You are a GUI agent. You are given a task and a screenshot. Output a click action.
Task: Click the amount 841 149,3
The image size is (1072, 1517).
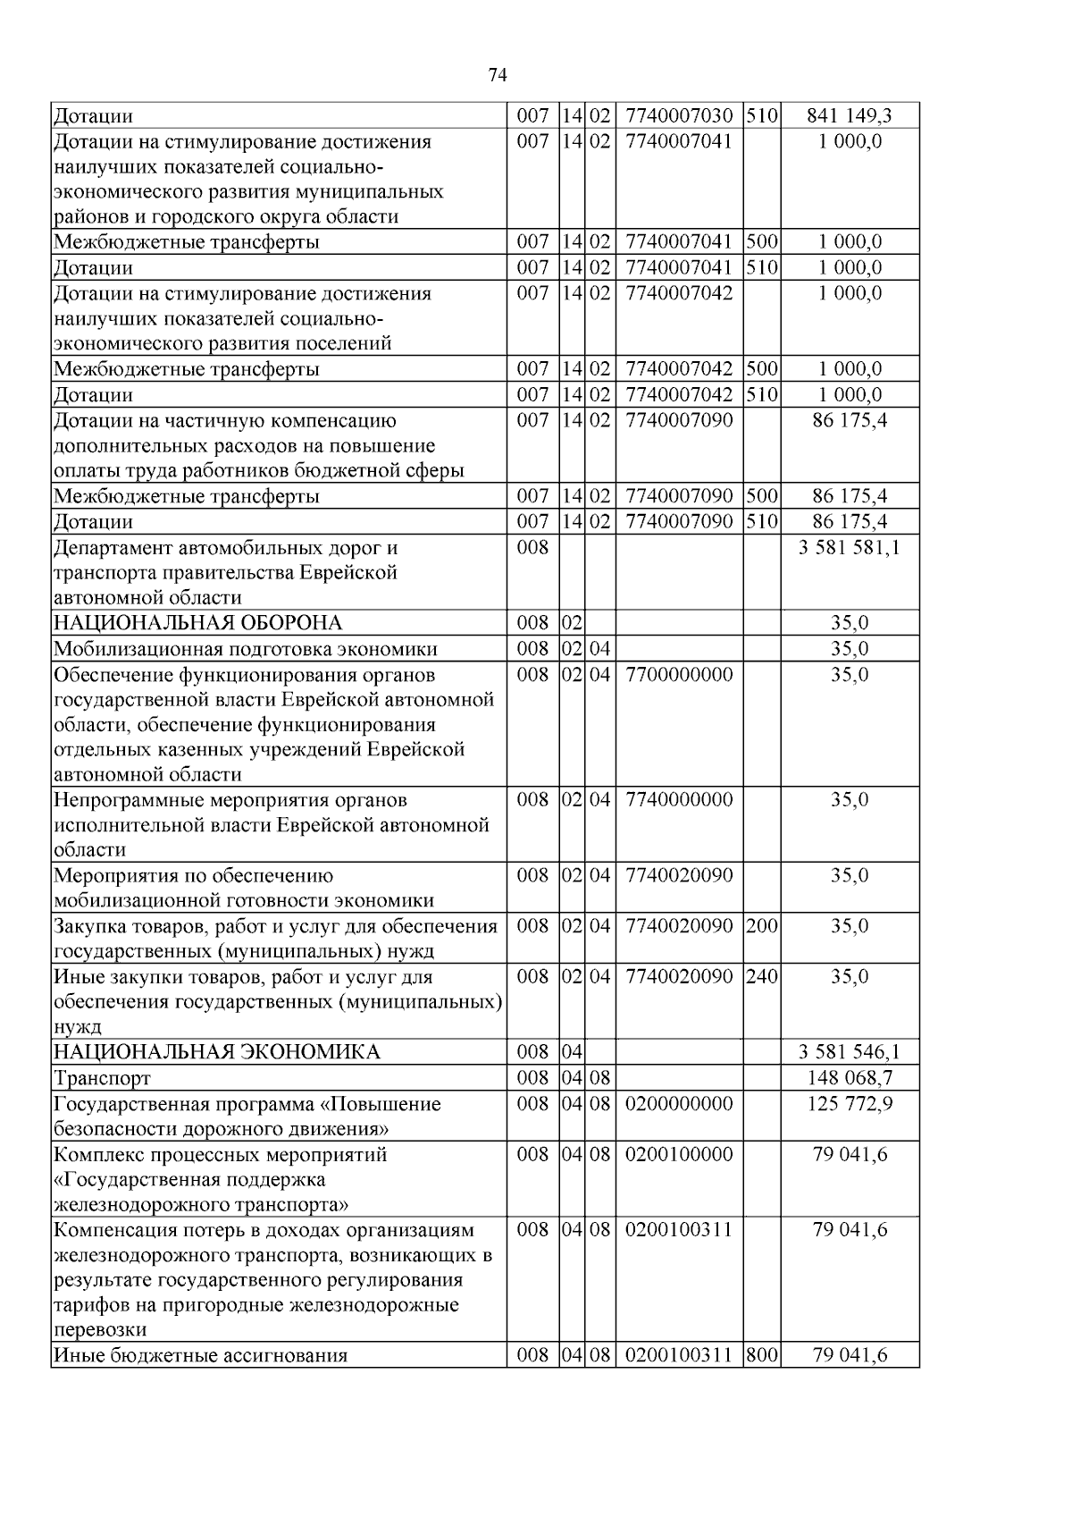click(849, 115)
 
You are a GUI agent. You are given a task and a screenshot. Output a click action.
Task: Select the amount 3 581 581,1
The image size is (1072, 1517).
click(849, 547)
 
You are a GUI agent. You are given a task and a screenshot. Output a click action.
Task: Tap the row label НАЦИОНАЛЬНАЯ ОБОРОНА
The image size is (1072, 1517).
click(198, 623)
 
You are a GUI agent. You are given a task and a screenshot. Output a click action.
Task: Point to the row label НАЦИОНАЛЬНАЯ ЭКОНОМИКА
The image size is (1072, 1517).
click(217, 1052)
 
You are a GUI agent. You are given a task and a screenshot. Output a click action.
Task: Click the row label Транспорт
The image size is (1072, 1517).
click(103, 1078)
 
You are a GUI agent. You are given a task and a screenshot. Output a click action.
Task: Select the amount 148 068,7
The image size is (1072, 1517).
click(850, 1078)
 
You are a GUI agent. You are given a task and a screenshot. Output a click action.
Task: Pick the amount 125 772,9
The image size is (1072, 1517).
click(850, 1104)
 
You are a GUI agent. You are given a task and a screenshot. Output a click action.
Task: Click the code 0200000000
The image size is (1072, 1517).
click(679, 1104)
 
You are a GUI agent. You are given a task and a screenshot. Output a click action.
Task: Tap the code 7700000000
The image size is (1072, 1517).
click(679, 674)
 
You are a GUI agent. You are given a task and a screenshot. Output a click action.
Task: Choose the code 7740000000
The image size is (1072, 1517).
click(679, 799)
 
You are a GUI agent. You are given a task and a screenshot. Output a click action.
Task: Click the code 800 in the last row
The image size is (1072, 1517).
click(761, 1355)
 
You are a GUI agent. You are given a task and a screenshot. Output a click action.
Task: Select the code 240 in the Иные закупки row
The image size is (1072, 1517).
click(761, 976)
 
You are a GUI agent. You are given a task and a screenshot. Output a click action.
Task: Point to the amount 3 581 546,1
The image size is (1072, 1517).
click(849, 1052)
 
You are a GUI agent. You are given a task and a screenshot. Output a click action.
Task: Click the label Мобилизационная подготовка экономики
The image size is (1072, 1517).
click(246, 649)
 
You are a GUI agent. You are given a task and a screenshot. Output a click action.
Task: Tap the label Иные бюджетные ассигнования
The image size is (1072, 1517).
click(201, 1355)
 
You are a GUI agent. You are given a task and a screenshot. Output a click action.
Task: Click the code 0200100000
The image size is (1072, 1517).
click(679, 1154)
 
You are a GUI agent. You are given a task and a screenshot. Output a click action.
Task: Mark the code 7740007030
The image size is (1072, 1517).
click(679, 115)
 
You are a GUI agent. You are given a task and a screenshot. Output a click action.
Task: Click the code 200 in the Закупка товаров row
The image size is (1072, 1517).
click(761, 925)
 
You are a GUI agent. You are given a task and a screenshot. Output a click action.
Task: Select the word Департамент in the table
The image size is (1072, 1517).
click(110, 547)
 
